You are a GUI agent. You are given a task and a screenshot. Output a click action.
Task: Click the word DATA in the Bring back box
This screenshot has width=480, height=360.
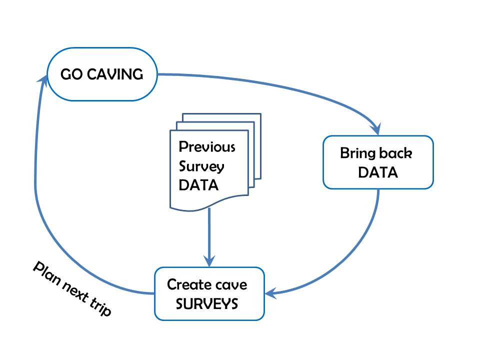[x=378, y=172]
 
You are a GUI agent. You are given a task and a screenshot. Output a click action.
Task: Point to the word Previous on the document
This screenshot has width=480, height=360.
[x=207, y=147]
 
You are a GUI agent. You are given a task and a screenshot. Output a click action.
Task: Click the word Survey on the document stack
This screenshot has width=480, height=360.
[x=201, y=166]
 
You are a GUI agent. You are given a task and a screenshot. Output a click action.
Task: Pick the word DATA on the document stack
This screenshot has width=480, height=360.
[x=199, y=185]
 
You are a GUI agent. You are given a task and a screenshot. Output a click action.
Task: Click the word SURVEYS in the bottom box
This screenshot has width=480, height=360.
[x=207, y=304]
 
